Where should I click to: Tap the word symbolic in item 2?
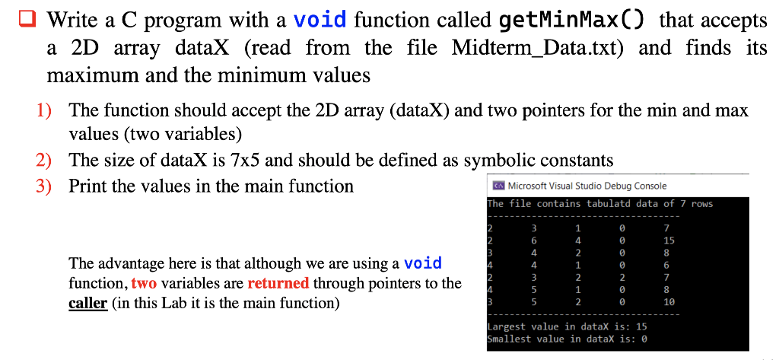tap(504, 160)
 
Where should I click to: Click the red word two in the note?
tap(144, 283)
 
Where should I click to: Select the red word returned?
tap(278, 283)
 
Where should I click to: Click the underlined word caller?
tap(88, 303)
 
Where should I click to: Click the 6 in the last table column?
tap(666, 265)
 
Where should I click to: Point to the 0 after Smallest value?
tap(644, 339)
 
